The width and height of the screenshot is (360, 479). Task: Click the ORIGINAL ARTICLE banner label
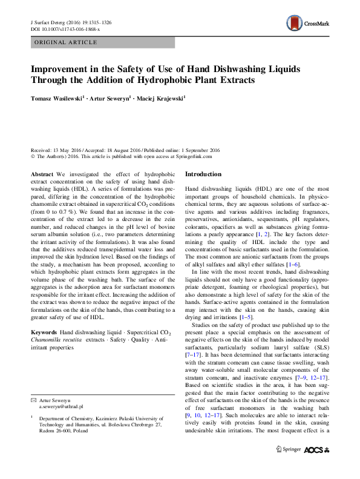point(66,42)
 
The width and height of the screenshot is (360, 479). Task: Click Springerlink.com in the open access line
point(194,156)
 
